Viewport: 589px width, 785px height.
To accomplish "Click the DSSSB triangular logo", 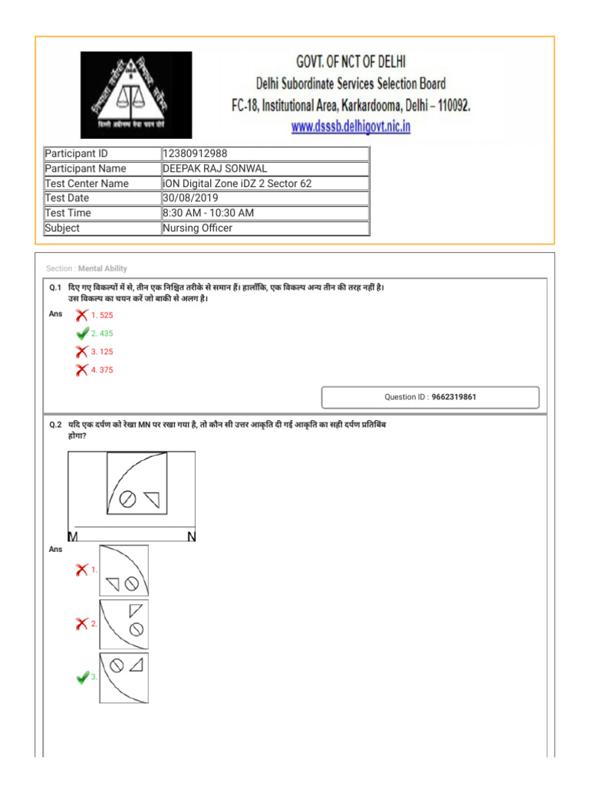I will (x=137, y=94).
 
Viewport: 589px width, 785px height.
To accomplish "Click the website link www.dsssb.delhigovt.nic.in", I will (x=350, y=126).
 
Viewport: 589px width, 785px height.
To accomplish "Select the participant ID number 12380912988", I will (x=195, y=153).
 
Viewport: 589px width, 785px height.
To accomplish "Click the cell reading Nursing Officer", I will (x=197, y=228).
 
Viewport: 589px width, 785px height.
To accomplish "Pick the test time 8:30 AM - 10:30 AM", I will (x=208, y=213).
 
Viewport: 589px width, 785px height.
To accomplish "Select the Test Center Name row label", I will (x=87, y=183).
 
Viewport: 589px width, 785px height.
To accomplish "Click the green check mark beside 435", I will (x=82, y=333).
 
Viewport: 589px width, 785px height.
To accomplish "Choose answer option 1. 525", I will (x=102, y=315).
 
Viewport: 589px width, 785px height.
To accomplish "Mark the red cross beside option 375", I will (x=81, y=370).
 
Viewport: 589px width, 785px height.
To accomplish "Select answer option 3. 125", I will (x=102, y=352).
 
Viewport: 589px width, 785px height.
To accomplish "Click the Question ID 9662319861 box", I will (x=429, y=397).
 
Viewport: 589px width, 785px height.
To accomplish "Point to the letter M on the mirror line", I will (x=73, y=537).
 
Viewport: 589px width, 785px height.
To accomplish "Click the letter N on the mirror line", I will (x=191, y=537).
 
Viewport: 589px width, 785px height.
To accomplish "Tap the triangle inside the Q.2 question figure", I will (x=153, y=500).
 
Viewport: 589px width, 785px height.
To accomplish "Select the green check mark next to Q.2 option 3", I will (x=82, y=678).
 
